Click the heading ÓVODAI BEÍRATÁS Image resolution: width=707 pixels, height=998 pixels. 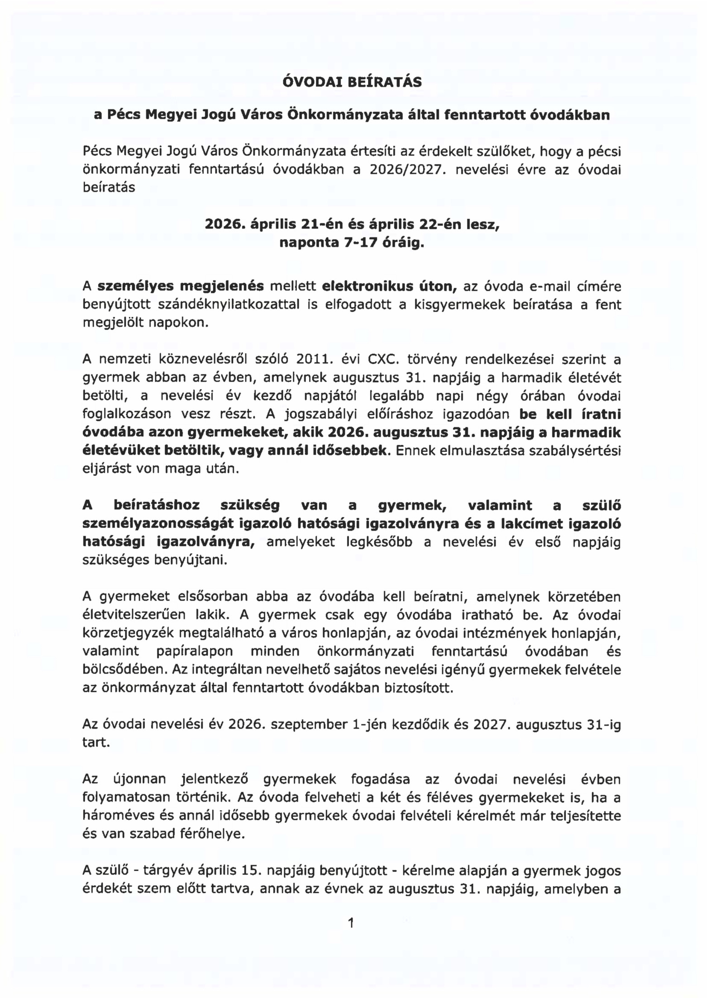[x=352, y=82]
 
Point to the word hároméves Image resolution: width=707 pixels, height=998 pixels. [x=118, y=816]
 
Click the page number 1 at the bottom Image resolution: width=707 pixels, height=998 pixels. [x=351, y=922]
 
